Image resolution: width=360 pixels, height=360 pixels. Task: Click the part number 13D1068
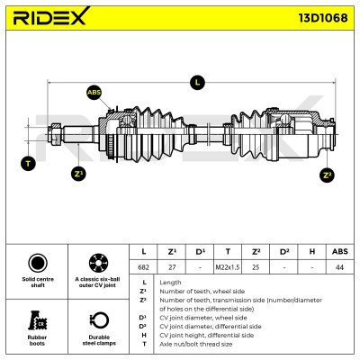(x=323, y=18)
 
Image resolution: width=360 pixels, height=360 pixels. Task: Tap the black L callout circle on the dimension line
(x=197, y=82)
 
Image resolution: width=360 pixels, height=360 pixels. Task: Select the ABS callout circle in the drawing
(x=94, y=93)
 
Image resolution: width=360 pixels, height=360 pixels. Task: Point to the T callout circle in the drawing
(x=28, y=164)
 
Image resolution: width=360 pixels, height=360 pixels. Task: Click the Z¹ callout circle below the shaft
(x=78, y=174)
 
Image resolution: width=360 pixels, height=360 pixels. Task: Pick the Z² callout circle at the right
(x=327, y=175)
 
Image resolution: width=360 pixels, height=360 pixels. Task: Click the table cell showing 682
(x=143, y=267)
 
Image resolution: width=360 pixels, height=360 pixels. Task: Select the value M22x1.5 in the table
(x=228, y=267)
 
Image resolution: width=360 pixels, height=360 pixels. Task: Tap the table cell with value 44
(x=339, y=267)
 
